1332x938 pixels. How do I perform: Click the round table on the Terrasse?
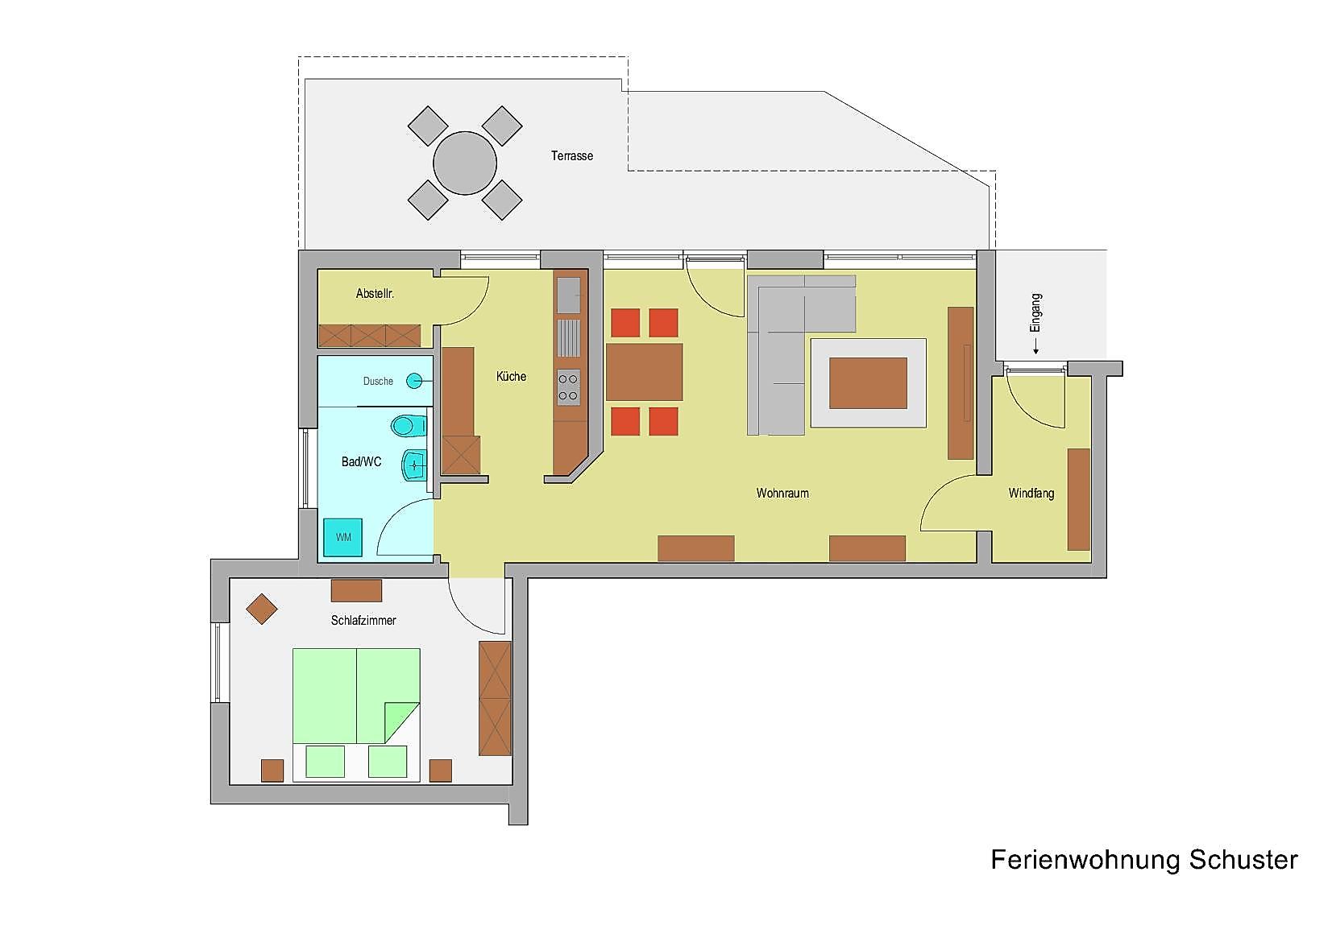[464, 163]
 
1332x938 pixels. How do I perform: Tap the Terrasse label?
[572, 155]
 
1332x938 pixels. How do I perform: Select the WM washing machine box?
[342, 537]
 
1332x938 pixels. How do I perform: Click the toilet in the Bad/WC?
[409, 425]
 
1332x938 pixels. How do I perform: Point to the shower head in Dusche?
[414, 380]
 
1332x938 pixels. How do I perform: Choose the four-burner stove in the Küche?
[568, 388]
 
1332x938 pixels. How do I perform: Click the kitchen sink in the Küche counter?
[568, 295]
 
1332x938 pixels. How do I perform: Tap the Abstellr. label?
[375, 293]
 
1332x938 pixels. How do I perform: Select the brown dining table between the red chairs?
[644, 372]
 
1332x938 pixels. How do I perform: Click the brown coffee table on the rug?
[868, 383]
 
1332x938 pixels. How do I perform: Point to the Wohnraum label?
[782, 493]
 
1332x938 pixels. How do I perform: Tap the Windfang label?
[1031, 493]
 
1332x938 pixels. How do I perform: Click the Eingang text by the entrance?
[1035, 313]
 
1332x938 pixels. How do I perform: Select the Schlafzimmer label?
[363, 620]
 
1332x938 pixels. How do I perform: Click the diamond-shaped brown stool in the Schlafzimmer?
[262, 609]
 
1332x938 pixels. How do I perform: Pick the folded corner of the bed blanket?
[402, 722]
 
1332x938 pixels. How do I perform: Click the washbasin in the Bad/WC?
[414, 465]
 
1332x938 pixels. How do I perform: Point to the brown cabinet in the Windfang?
[1079, 499]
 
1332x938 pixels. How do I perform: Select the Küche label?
[512, 376]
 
